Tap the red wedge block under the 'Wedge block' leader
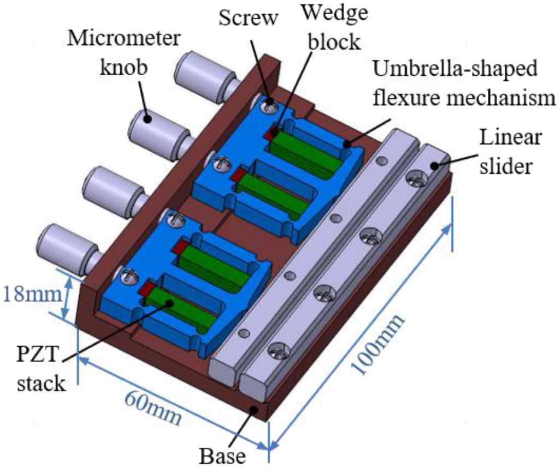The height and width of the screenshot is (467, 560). [x=271, y=133]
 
